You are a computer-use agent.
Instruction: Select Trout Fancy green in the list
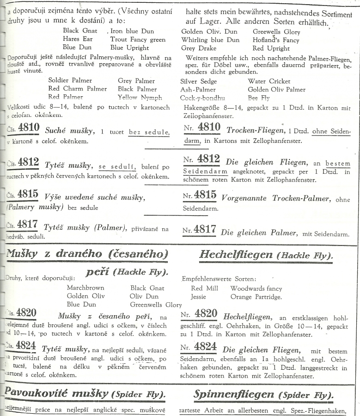coord(138,39)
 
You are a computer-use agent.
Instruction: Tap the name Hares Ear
coord(78,39)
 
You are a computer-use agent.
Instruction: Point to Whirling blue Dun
coord(210,40)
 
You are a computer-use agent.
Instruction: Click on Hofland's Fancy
coord(276,40)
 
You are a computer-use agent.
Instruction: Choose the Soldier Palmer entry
coord(70,80)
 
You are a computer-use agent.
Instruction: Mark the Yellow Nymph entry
coord(140,97)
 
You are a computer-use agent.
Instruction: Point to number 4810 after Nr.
coord(210,127)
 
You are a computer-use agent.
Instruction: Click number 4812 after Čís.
coord(28,162)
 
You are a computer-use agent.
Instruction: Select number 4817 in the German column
coord(205,229)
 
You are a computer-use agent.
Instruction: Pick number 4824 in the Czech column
coord(26,345)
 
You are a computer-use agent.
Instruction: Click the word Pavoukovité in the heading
coord(37,393)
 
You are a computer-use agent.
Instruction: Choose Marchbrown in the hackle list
coord(85,288)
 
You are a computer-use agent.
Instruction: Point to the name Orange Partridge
coord(256,297)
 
